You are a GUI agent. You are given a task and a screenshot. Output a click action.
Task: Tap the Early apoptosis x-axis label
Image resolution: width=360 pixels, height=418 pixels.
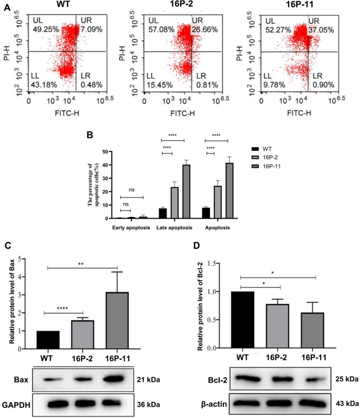pyautogui.click(x=131, y=228)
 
